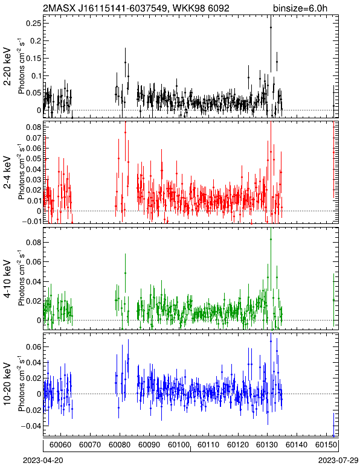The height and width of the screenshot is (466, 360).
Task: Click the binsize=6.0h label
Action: click(x=300, y=8)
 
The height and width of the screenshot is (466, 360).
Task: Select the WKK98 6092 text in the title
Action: click(x=201, y=8)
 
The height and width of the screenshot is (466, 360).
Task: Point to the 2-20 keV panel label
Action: click(x=7, y=66)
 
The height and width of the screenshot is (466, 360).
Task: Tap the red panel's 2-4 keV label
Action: click(x=7, y=173)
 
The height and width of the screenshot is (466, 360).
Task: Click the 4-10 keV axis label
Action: click(x=7, y=278)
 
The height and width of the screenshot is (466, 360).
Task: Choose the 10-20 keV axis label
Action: click(x=7, y=384)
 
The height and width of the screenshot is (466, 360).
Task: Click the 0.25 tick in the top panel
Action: click(x=33, y=23)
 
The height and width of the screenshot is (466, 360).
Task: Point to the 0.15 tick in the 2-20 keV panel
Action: click(x=33, y=58)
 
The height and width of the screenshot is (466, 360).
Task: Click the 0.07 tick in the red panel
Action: click(x=33, y=138)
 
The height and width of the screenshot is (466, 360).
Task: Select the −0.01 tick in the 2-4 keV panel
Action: click(x=31, y=222)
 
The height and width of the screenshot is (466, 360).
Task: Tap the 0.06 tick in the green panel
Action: click(x=33, y=262)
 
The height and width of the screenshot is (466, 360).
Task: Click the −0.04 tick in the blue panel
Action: click(x=31, y=426)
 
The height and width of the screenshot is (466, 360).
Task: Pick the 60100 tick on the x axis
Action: click(x=179, y=445)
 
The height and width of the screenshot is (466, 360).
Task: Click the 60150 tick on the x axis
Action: click(x=326, y=445)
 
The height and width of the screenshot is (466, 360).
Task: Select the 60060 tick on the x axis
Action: click(x=60, y=445)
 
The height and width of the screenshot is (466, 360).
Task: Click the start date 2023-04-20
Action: click(x=43, y=461)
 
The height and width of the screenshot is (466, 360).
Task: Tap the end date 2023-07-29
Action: click(x=338, y=461)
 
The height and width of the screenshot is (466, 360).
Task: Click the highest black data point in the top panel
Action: click(x=271, y=27)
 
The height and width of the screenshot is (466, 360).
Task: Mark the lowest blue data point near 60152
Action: click(x=333, y=436)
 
